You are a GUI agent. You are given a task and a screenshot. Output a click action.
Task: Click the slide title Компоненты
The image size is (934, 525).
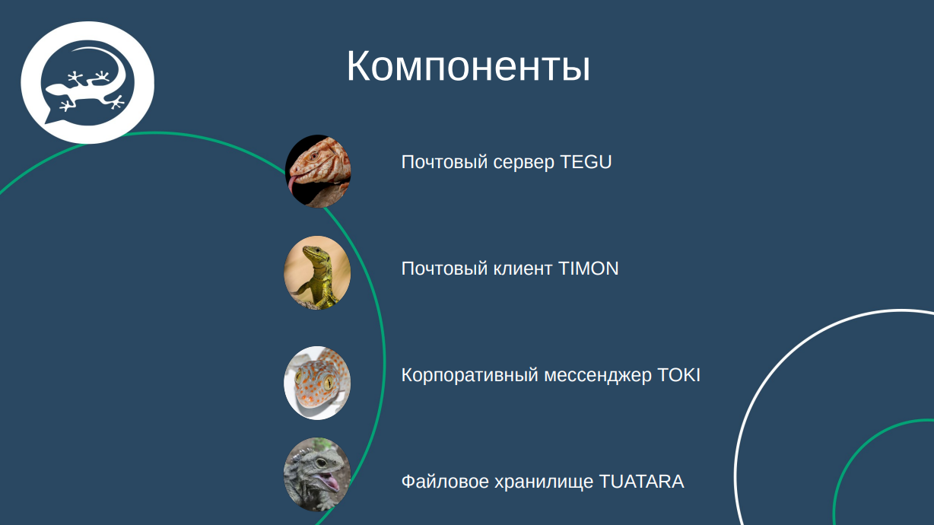[x=468, y=67]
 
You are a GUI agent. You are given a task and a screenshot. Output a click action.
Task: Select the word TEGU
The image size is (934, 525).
[x=586, y=162]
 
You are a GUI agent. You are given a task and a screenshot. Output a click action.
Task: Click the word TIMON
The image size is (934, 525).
[x=588, y=269]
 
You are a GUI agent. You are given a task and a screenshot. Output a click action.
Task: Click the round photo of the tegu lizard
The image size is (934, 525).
[x=318, y=171]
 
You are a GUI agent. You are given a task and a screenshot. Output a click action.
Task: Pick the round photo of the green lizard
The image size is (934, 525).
[x=318, y=272]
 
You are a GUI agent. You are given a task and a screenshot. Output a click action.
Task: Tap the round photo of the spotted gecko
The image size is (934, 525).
[x=318, y=383]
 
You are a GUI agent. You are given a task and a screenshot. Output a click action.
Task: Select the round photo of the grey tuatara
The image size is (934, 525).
[x=318, y=475]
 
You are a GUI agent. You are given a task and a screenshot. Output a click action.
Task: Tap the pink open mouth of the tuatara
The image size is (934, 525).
[x=329, y=482]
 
